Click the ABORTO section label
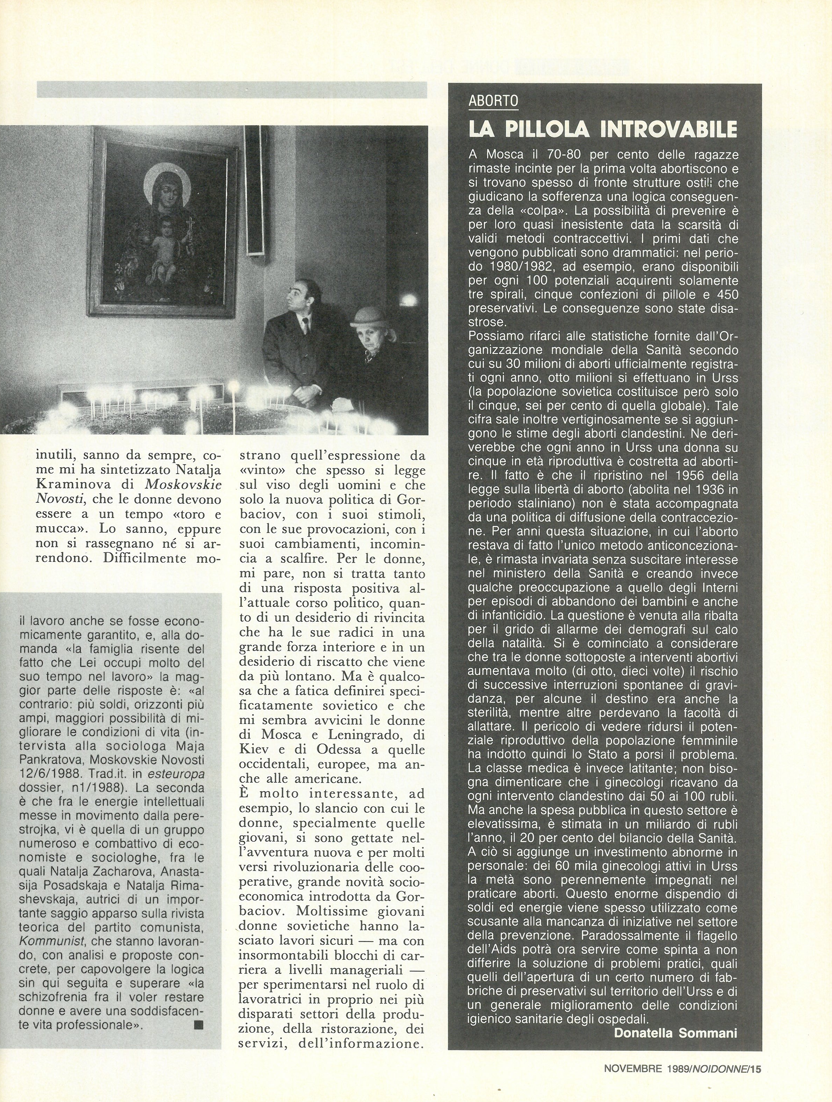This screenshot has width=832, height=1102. pos(493,101)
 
